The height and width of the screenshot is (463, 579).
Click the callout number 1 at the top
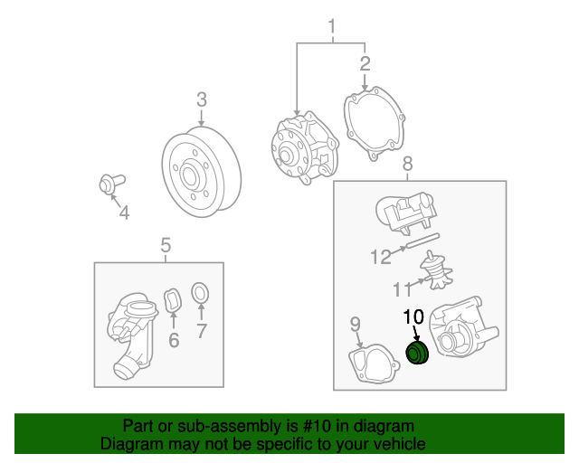[x=332, y=26]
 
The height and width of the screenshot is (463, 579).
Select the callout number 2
[x=365, y=63]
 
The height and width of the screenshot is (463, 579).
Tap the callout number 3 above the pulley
[x=202, y=99]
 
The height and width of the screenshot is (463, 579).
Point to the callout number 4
[x=125, y=213]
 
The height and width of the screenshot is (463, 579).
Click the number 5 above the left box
[x=166, y=245]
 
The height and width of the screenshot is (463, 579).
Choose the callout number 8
[x=407, y=164]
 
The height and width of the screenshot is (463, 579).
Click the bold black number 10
[x=413, y=317]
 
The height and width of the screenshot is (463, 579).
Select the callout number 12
[x=381, y=257]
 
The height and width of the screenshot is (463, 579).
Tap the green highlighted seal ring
[x=417, y=353]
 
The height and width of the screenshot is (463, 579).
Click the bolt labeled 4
[x=111, y=184]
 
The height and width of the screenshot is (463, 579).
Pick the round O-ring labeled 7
[x=200, y=293]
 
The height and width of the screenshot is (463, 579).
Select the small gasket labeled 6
[x=173, y=300]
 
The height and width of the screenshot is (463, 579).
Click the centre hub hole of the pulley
[x=189, y=176]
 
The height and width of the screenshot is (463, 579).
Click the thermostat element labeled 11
[x=436, y=271]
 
